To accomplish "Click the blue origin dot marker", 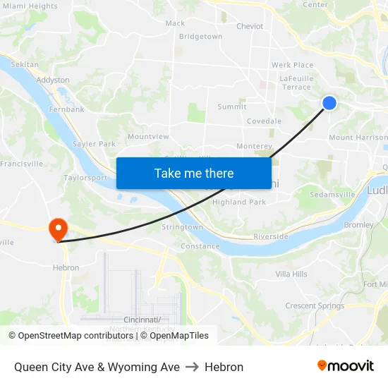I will tap(329, 103).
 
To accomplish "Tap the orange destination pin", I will tap(57, 229).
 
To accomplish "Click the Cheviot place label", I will tap(250, 26).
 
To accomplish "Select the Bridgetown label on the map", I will tap(200, 37).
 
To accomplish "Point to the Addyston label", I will tap(53, 80).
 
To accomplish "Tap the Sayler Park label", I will tap(94, 144).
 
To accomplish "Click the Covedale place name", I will tap(264, 121).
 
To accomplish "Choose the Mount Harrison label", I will tap(358, 138).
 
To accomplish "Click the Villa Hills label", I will tap(291, 274).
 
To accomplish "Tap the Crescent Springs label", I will tap(315, 306).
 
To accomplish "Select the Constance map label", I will tap(200, 246).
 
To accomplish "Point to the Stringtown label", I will tap(182, 227).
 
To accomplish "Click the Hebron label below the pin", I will tap(66, 268).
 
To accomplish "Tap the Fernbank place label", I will tap(67, 109).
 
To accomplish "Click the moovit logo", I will tap(346, 366).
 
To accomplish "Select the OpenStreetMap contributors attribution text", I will tap(72, 336).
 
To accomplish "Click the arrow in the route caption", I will tap(192, 367).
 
